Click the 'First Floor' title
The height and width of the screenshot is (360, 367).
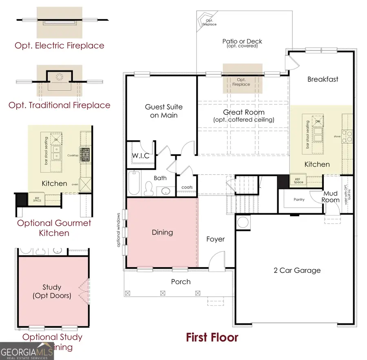point(212,337)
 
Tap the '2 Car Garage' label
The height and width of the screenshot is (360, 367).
point(296,270)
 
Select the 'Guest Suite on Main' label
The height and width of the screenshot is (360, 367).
point(164,111)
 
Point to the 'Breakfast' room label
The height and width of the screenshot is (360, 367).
point(323,79)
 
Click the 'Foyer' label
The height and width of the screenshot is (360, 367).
point(215,239)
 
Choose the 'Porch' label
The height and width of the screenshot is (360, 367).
point(181,281)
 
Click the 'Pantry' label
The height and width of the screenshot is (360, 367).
point(299,200)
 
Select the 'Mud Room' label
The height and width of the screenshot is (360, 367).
point(330,197)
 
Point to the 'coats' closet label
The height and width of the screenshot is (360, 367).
point(188,187)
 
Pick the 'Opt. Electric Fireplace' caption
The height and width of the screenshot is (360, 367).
point(60,45)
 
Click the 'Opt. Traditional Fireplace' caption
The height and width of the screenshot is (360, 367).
point(60,105)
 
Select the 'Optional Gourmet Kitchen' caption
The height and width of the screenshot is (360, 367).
point(54,228)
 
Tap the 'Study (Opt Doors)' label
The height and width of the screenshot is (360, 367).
point(52,292)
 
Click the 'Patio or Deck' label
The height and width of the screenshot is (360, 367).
point(242,41)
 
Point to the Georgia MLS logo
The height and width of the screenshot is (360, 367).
point(27,351)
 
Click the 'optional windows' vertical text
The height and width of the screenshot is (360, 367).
point(119,230)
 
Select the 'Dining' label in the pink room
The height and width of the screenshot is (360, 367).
point(162,233)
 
